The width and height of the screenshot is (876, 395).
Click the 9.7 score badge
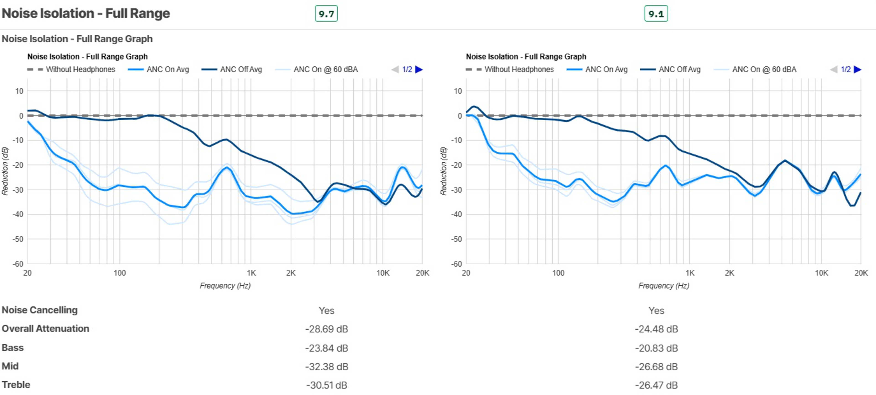pyautogui.click(x=326, y=14)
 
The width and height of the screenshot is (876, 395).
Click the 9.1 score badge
pyautogui.click(x=656, y=14)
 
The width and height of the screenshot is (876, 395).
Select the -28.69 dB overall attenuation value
pyautogui.click(x=326, y=329)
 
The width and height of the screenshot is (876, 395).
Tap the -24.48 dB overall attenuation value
pyautogui.click(x=656, y=329)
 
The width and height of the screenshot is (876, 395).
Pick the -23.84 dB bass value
pyautogui.click(x=326, y=348)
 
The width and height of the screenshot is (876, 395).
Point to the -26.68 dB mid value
pyautogui.click(x=656, y=366)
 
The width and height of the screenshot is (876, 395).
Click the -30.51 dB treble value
pyautogui.click(x=326, y=385)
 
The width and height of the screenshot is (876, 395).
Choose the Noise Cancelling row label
pyautogui.click(x=39, y=310)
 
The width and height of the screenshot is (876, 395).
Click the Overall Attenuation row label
pyautogui.click(x=45, y=329)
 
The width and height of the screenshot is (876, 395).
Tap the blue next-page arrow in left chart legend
pyautogui.click(x=419, y=69)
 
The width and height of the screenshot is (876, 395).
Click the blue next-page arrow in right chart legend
pyautogui.click(x=858, y=69)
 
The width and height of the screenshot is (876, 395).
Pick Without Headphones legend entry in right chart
pyautogui.click(x=510, y=69)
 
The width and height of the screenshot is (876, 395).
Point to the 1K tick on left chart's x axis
pyautogui.click(x=251, y=273)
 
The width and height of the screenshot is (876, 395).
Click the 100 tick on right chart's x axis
pyautogui.click(x=558, y=273)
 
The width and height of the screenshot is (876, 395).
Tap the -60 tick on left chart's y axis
pyautogui.click(x=18, y=264)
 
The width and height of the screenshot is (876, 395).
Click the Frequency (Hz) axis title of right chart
pyautogui.click(x=663, y=285)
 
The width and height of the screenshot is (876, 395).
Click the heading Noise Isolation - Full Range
pyautogui.click(x=86, y=13)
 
